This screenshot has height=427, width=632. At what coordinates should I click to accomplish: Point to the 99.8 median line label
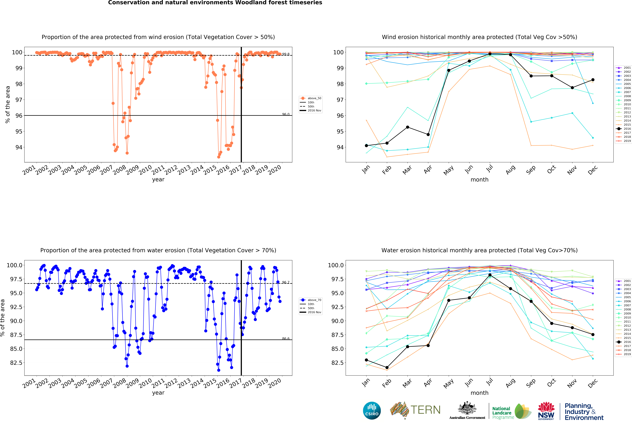[286, 54]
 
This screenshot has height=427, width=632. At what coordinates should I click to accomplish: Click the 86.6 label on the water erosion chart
[286, 339]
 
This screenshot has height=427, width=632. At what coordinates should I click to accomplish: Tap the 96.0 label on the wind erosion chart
[286, 114]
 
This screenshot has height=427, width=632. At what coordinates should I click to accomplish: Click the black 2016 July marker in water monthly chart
[490, 275]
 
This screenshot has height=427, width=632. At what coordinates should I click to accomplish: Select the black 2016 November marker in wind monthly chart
[572, 88]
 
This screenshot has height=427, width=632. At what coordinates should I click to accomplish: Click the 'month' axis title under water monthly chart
[479, 393]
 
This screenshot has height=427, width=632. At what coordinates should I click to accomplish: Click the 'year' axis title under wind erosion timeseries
[158, 180]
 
